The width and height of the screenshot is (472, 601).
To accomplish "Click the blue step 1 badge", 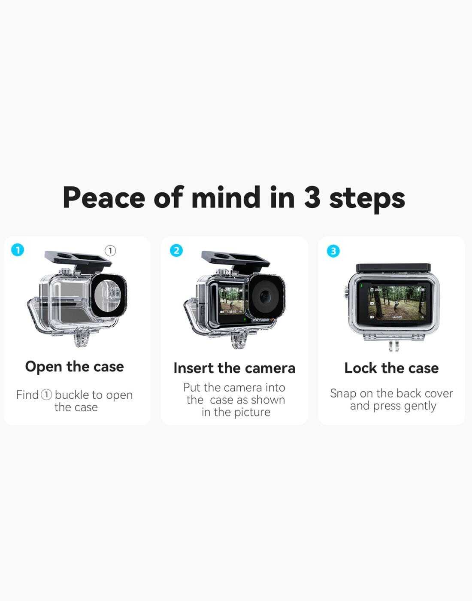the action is click(x=18, y=250).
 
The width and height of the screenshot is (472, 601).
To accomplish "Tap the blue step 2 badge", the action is click(x=176, y=251).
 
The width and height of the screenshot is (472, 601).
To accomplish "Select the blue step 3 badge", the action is click(x=333, y=251).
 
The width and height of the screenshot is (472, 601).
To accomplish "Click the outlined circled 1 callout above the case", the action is click(x=110, y=251).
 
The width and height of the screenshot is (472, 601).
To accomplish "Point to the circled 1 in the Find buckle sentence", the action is click(x=46, y=395).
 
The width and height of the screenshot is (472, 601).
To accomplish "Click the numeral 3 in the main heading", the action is click(x=312, y=197).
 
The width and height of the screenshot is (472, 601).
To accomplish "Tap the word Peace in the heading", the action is click(x=104, y=197).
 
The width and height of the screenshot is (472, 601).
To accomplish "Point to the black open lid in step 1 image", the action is click(x=78, y=259).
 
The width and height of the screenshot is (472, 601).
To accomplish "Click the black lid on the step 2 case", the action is click(x=236, y=259).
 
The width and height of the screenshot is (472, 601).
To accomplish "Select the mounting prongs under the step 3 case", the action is click(x=393, y=346).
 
